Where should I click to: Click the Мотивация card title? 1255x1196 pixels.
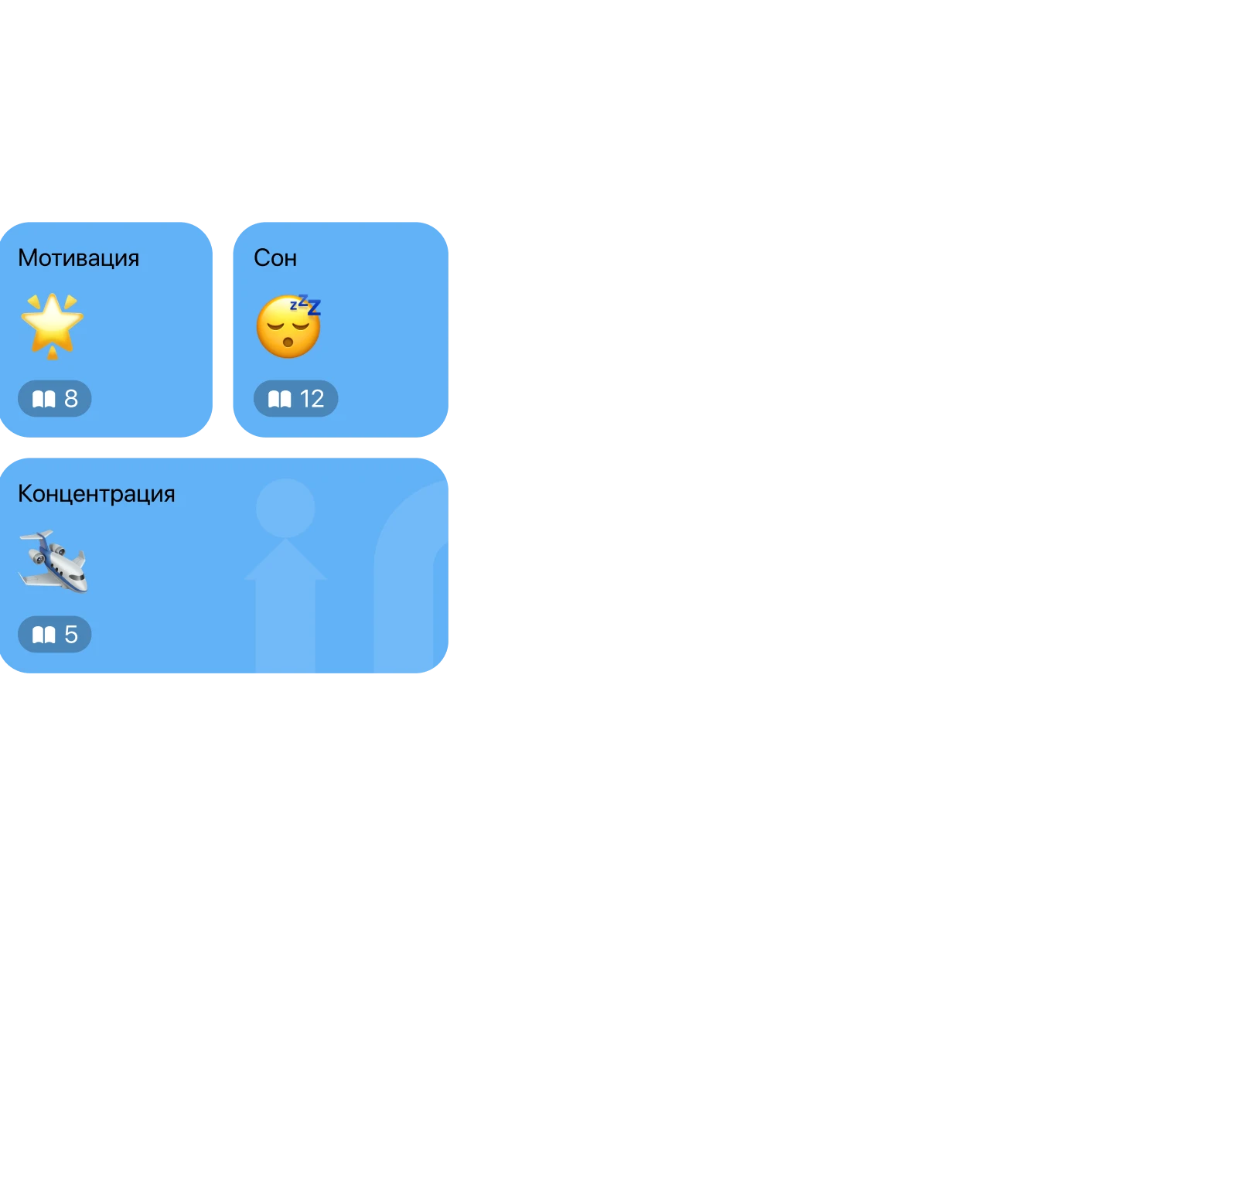(78, 257)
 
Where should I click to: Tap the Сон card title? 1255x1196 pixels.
(275, 257)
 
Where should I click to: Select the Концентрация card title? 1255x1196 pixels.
(96, 493)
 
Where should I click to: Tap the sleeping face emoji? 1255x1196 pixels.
(288, 328)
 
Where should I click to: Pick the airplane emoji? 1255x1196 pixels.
(53, 561)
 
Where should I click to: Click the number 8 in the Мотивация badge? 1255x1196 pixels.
(71, 399)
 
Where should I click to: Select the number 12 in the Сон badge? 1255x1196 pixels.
(312, 399)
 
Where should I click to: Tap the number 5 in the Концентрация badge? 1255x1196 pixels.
(71, 635)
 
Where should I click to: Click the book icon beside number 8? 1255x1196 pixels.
(43, 399)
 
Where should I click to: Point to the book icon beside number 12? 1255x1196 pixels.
(279, 399)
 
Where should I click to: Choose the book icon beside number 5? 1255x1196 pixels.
(43, 635)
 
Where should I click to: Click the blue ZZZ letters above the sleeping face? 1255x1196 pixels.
(305, 305)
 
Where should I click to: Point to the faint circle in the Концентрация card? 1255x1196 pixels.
(285, 508)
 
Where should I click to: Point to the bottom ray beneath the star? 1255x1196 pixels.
(53, 354)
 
